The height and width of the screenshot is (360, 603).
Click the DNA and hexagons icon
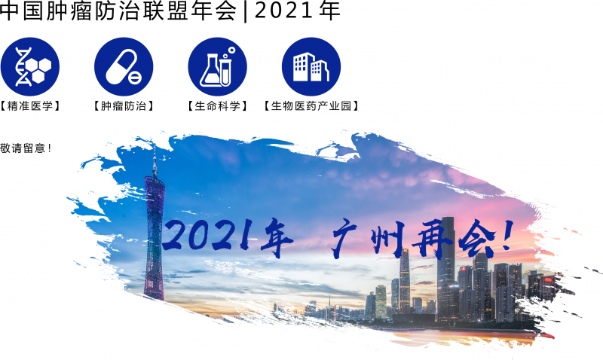click(x=30, y=66)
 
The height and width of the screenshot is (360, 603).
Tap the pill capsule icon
click(x=124, y=66)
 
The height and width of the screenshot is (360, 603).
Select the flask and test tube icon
click(x=217, y=66)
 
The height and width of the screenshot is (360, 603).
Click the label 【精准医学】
click(x=30, y=106)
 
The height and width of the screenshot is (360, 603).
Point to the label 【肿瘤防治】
click(x=124, y=106)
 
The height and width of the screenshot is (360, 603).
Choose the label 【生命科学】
click(x=217, y=106)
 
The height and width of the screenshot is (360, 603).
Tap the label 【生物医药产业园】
click(x=311, y=106)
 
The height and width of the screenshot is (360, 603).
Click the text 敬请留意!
click(x=26, y=148)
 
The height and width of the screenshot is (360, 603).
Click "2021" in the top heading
click(x=283, y=11)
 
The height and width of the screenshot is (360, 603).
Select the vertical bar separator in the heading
click(x=246, y=11)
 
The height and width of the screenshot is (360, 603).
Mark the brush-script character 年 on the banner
click(x=276, y=238)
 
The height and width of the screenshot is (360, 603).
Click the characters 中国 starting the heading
click(x=21, y=11)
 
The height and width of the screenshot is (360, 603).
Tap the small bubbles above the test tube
click(x=229, y=53)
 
